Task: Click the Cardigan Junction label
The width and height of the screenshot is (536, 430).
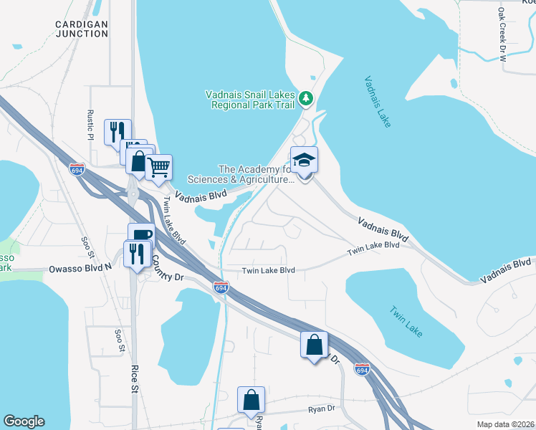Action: [x=81, y=28]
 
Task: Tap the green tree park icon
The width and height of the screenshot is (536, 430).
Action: [x=306, y=97]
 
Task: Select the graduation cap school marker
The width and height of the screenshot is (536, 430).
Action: [x=304, y=162]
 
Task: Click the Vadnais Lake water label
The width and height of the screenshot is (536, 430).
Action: [x=377, y=102]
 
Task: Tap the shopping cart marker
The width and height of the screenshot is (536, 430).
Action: [x=158, y=168]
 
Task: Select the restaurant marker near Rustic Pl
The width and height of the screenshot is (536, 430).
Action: [x=118, y=132]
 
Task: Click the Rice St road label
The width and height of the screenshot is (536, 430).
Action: [x=134, y=380]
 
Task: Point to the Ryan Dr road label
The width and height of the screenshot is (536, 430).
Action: [x=322, y=408]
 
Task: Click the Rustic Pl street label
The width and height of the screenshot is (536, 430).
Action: [x=90, y=125]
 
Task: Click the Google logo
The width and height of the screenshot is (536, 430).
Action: [x=24, y=421]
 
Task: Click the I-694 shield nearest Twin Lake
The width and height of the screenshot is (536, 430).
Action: [x=363, y=369]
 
